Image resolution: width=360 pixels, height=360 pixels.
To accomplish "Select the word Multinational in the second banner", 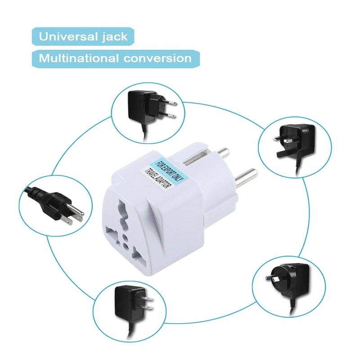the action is point(78,58).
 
